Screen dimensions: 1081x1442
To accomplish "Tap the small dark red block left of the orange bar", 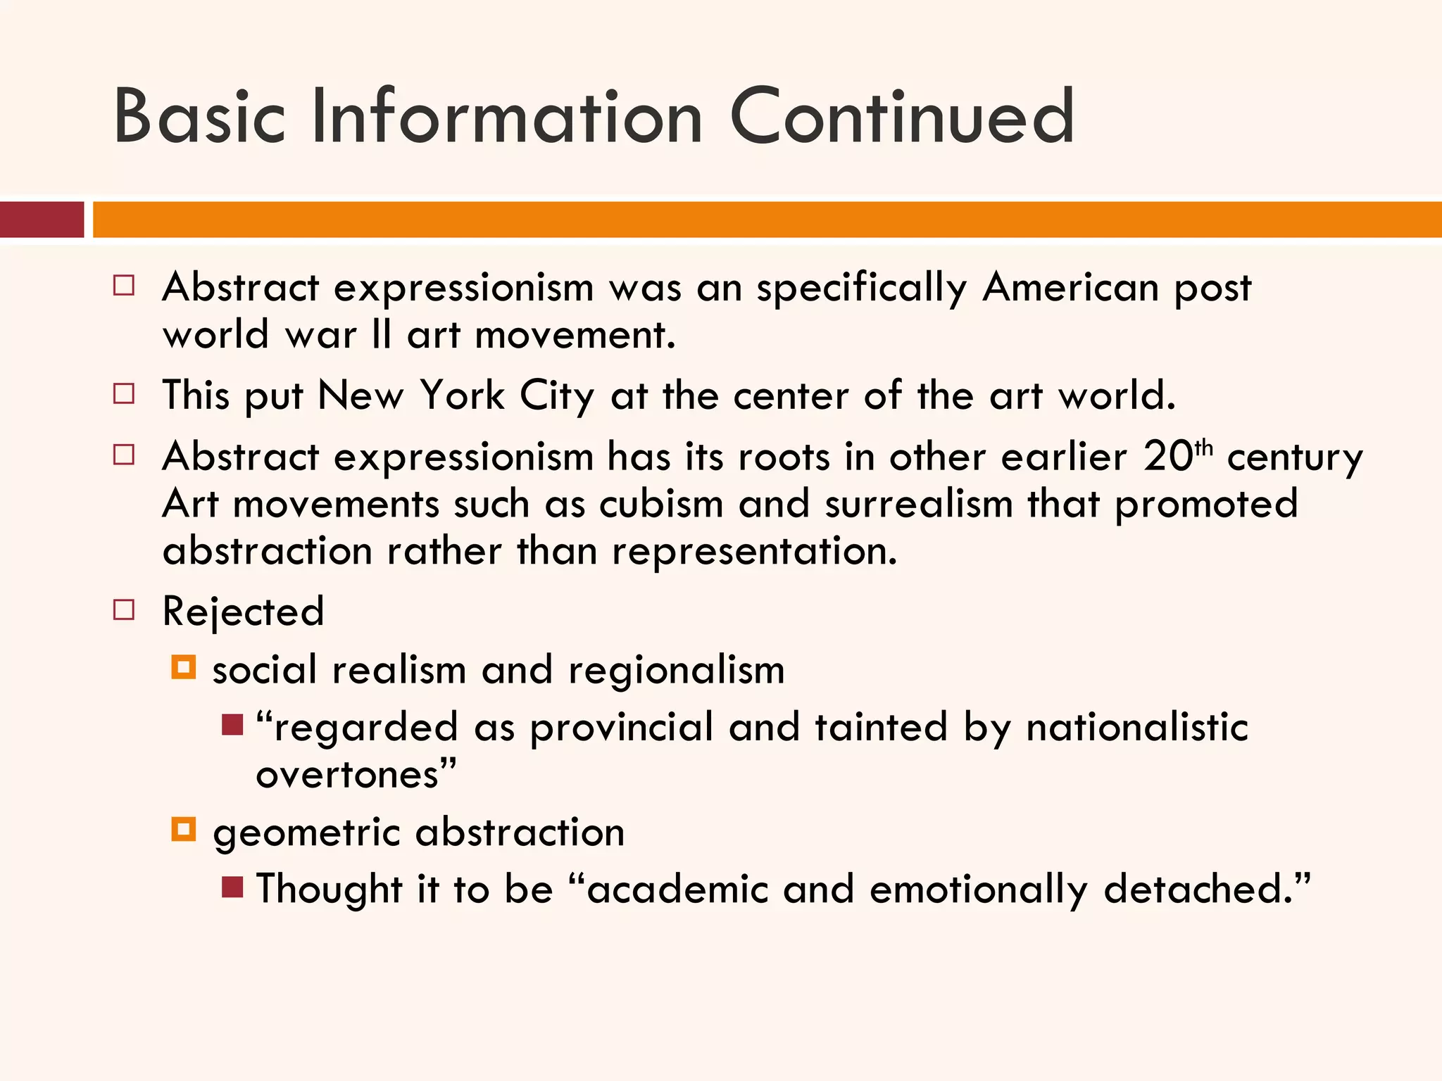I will [42, 220].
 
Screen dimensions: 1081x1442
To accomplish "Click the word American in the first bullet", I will [1070, 288].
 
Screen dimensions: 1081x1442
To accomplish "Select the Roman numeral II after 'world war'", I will [381, 334].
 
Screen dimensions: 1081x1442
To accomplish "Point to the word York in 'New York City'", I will [463, 396].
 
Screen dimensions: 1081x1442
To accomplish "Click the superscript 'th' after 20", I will [1204, 448].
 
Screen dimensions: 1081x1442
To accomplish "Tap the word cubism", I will [661, 505].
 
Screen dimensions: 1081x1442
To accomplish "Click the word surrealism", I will [918, 505].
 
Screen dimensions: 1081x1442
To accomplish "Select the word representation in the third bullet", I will [754, 551].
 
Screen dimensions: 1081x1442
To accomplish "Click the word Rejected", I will [243, 612].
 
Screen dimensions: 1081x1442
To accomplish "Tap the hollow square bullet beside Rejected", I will [124, 609].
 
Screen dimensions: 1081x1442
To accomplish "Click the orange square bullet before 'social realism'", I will [183, 666].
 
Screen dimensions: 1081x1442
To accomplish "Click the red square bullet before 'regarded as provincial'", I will [232, 724].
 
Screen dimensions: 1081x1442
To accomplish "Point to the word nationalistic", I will [1136, 727].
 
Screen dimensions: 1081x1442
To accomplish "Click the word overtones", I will [348, 775].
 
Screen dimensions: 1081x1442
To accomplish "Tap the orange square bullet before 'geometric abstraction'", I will [183, 829].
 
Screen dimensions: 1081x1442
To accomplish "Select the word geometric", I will [306, 833].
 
